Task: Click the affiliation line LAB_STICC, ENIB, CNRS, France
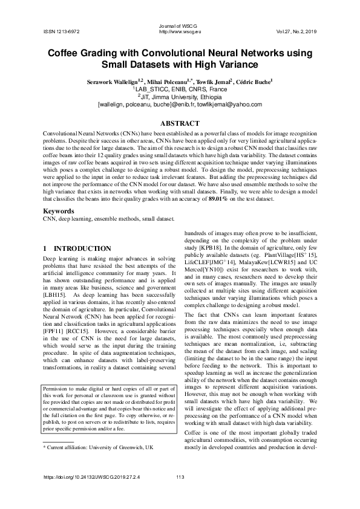pyautogui.click(x=180, y=88)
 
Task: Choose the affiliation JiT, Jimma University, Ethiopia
pyautogui.click(x=180, y=96)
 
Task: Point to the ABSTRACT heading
pyautogui.click(x=180, y=123)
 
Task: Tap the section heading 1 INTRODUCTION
pyautogui.click(x=77, y=248)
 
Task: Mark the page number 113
pyautogui.click(x=180, y=478)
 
